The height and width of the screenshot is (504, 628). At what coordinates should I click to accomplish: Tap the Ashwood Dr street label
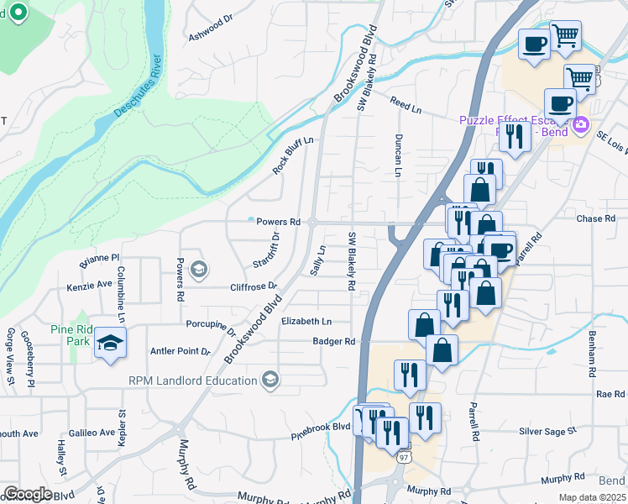[x=210, y=29]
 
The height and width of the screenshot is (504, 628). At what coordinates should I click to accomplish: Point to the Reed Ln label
[x=406, y=104]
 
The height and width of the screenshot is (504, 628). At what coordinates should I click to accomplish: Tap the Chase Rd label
[x=596, y=218]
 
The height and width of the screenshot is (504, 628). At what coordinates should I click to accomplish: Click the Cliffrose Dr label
[x=253, y=286]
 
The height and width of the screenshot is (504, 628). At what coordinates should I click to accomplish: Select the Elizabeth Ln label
[x=306, y=321]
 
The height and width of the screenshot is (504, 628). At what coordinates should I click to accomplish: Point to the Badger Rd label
[x=334, y=341]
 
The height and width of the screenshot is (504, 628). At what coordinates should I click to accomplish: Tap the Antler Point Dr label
[x=180, y=351]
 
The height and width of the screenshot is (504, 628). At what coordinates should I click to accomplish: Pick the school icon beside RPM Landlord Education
[x=270, y=381]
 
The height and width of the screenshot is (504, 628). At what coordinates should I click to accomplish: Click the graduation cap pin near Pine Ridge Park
[x=110, y=343]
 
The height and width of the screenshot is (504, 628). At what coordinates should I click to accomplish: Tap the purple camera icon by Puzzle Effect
[x=581, y=126]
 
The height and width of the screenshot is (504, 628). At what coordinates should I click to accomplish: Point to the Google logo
[x=27, y=494]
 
